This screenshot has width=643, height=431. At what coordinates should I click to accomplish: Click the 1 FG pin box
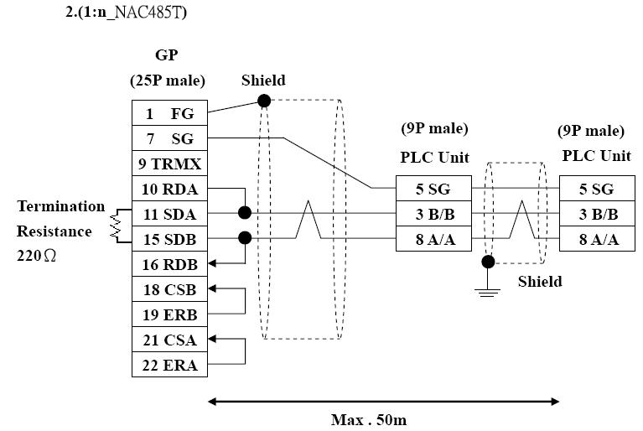tap(170, 112)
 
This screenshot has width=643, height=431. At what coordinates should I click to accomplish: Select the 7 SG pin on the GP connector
tap(170, 138)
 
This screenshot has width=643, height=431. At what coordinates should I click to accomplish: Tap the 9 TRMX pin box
tap(170, 164)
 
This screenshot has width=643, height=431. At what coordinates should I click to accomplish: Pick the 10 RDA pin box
tap(170, 189)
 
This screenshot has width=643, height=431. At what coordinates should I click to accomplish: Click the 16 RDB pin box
tap(170, 264)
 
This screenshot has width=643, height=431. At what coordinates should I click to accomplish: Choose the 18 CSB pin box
tap(170, 289)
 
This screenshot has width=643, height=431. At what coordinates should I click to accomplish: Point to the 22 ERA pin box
tap(170, 365)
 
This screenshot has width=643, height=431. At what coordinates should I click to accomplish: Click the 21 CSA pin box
tap(170, 340)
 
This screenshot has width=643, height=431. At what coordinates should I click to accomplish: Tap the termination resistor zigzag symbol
tap(116, 226)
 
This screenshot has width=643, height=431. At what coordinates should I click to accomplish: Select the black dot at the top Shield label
tap(264, 101)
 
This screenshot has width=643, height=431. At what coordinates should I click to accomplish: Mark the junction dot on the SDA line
tap(245, 213)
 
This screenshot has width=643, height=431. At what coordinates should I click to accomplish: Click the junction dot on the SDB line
tap(245, 238)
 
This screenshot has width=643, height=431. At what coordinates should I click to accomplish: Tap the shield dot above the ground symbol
tap(488, 262)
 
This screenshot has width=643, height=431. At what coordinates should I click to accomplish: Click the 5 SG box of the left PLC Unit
tap(434, 189)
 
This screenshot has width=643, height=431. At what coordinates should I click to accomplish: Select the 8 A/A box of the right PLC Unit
tap(598, 239)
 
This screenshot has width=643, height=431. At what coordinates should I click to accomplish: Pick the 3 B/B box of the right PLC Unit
tap(598, 214)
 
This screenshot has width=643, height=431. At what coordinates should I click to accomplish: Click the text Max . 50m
tap(369, 420)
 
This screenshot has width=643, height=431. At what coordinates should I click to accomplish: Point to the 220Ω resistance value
tap(36, 256)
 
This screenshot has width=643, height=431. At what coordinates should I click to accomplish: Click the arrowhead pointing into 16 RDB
tap(212, 263)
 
